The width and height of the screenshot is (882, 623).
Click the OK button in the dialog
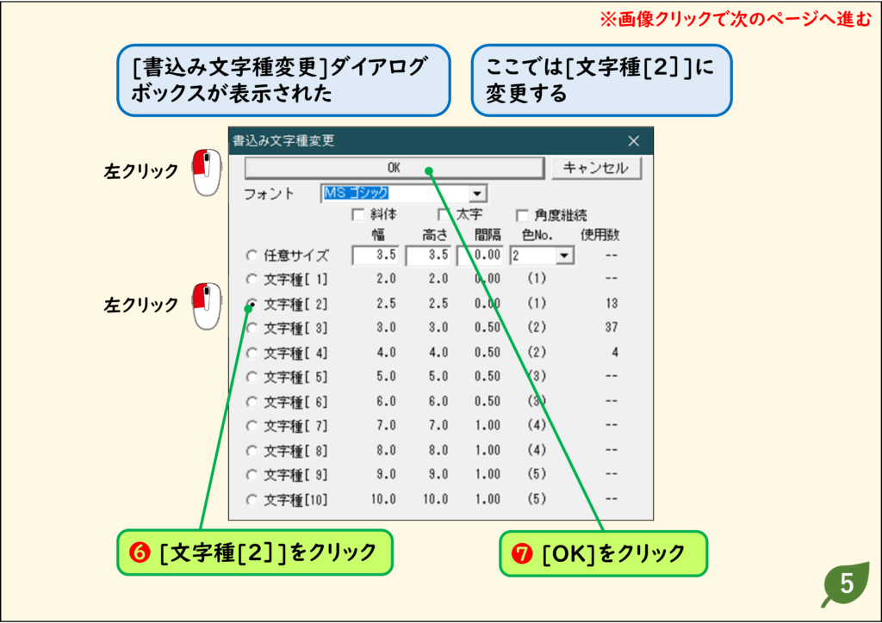coord(394,168)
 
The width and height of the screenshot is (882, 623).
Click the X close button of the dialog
coord(633,141)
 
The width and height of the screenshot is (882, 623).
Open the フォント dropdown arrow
coord(477,194)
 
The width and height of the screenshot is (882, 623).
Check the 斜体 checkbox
coord(357,214)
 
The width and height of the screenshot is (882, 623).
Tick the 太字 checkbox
coord(444,214)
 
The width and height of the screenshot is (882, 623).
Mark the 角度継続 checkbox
coord(522,215)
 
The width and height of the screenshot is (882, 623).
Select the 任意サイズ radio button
coord(252,256)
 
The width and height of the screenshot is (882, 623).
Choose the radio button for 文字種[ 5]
coord(252,377)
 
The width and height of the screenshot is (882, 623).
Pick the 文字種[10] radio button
coord(252,499)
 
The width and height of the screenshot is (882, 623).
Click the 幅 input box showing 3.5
coord(376,255)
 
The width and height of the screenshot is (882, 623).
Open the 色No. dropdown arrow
coord(564,256)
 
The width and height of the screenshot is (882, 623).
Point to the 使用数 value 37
coord(612,327)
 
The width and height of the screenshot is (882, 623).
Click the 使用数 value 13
coord(612,304)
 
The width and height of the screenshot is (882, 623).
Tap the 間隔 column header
coord(488,235)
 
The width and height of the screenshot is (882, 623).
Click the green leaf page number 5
coord(846,584)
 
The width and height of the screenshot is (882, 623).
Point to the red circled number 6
coord(140,552)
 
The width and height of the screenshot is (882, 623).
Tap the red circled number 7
coord(522,554)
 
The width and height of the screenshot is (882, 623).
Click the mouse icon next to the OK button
coord(207,172)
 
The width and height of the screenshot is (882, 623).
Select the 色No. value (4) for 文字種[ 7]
coord(537,425)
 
